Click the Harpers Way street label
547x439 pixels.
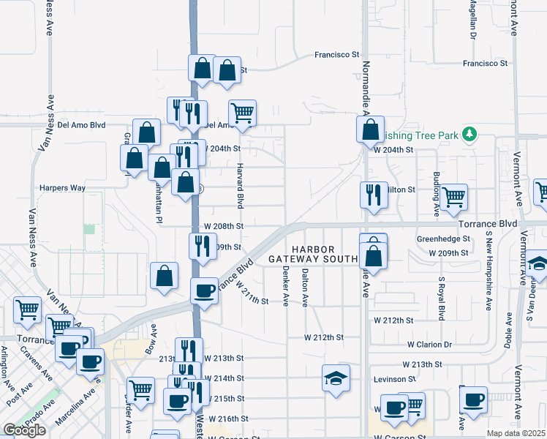[x=63, y=188]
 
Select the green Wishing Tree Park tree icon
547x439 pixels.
[x=471, y=135]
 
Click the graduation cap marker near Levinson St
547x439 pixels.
[x=336, y=379]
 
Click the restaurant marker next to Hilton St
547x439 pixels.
[x=374, y=195]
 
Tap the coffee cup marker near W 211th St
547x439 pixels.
[x=205, y=291]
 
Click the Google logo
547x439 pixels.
[x=24, y=430]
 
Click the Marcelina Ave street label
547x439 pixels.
[x=85, y=405]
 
